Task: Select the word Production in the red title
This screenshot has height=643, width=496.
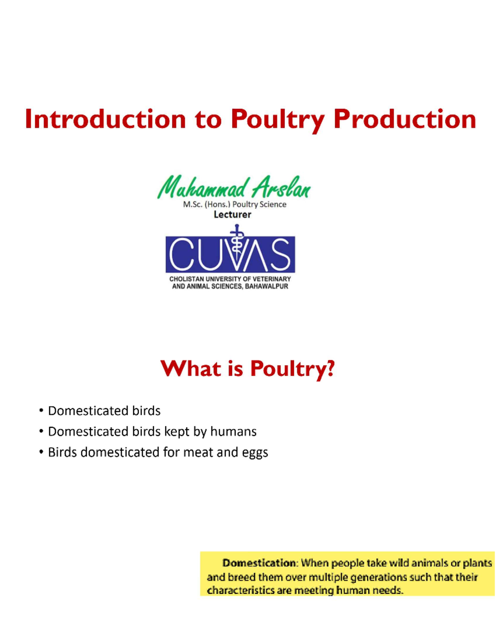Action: pos(405,119)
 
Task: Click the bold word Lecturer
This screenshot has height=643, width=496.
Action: pos(232,214)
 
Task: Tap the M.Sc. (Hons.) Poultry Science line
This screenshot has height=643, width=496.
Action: pos(234,204)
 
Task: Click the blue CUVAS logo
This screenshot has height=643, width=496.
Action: pos(230,254)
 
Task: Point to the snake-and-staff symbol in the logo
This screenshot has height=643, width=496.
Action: pos(237,244)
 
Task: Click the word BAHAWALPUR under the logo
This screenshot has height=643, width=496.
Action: pos(267,286)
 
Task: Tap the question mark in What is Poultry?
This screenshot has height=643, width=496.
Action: pos(330,368)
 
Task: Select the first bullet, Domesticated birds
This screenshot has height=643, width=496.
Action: pos(104,411)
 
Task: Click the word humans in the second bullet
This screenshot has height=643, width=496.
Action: pos(233,431)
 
